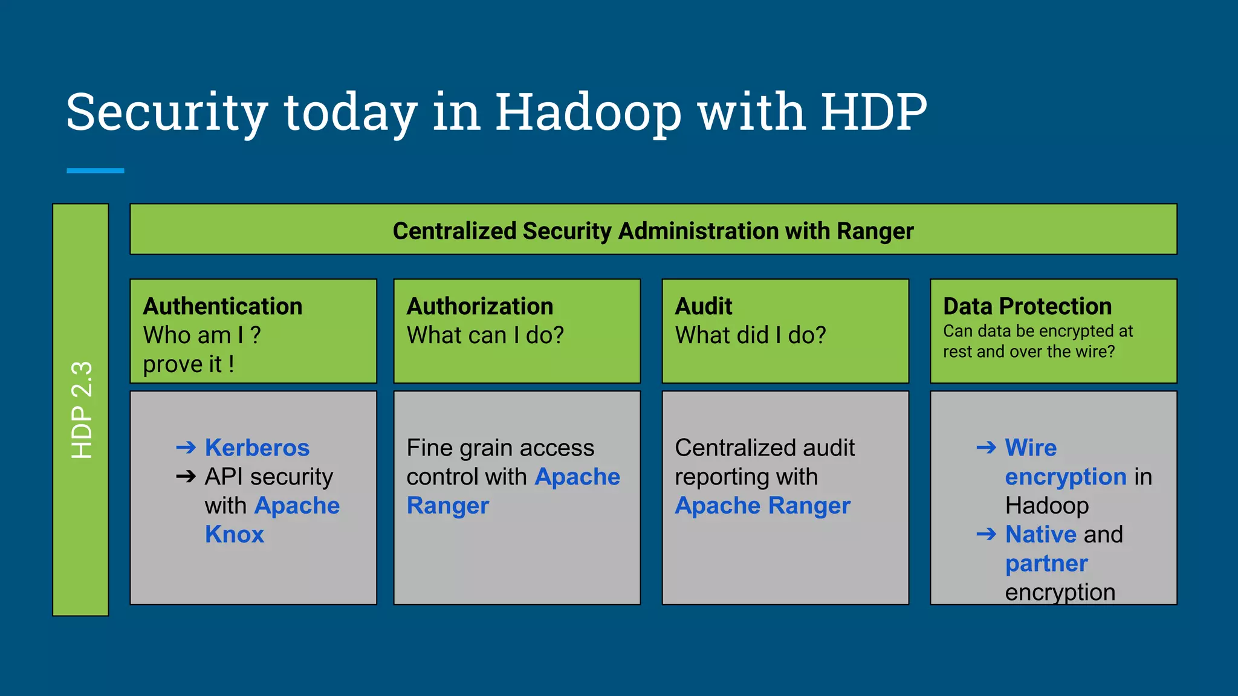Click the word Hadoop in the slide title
click(x=588, y=113)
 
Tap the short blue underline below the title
click(x=95, y=171)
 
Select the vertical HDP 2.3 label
click(x=81, y=410)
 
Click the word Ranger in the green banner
click(x=875, y=231)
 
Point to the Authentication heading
click(x=222, y=306)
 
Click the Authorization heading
click(x=479, y=306)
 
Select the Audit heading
click(x=703, y=306)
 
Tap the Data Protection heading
click(x=1027, y=306)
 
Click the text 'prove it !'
click(x=189, y=364)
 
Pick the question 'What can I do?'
click(x=485, y=335)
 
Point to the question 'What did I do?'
click(x=750, y=335)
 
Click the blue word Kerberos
click(x=257, y=448)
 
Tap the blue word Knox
click(x=235, y=535)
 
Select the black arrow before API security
click(x=186, y=477)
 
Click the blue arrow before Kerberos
click(x=186, y=448)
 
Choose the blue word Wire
click(x=1031, y=448)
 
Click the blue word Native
click(x=1040, y=535)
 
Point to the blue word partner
click(x=1046, y=564)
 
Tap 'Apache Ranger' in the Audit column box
click(x=762, y=506)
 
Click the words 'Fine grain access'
click(x=500, y=448)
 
